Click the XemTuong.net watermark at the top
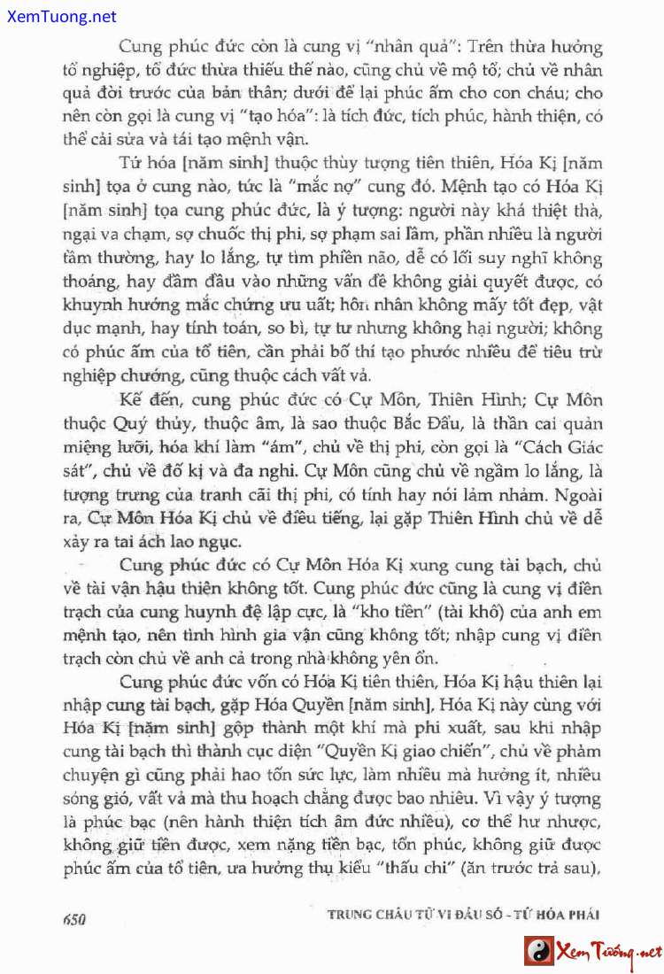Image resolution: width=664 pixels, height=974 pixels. click(x=58, y=16)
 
